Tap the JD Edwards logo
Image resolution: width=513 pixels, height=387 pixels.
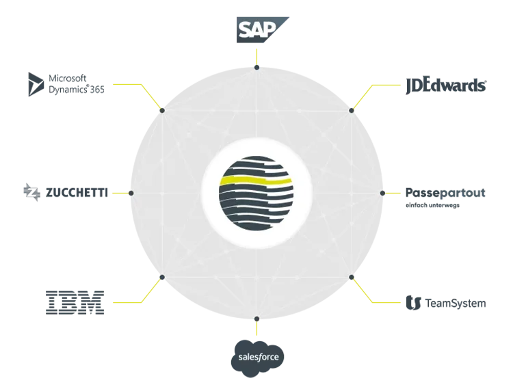click(446, 86)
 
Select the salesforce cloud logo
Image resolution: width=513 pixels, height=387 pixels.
click(257, 358)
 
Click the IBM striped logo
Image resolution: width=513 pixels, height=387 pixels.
click(75, 303)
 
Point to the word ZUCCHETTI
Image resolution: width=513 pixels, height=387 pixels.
click(77, 193)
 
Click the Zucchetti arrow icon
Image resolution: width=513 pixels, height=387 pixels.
click(31, 192)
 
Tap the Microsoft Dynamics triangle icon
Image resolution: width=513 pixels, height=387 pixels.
click(36, 84)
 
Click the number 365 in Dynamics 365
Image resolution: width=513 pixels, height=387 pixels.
click(97, 90)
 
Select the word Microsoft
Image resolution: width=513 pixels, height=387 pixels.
click(68, 79)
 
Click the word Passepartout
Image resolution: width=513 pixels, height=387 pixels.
click(445, 193)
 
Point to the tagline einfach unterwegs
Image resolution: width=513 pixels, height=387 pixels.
click(432, 205)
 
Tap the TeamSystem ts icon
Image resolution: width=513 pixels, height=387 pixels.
click(413, 303)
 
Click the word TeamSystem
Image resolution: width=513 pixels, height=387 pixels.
click(456, 304)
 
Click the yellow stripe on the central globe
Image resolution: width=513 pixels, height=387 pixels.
click(256, 181)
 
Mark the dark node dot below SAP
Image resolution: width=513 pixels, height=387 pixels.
click(256, 68)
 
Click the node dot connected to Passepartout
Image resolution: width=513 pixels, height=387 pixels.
click(382, 193)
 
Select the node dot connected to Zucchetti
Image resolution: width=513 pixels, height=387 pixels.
click(131, 193)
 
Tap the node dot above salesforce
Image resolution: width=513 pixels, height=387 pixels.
click(256, 319)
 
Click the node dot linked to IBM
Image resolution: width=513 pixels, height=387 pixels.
click(162, 277)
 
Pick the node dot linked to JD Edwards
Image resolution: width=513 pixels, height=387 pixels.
click(352, 111)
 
